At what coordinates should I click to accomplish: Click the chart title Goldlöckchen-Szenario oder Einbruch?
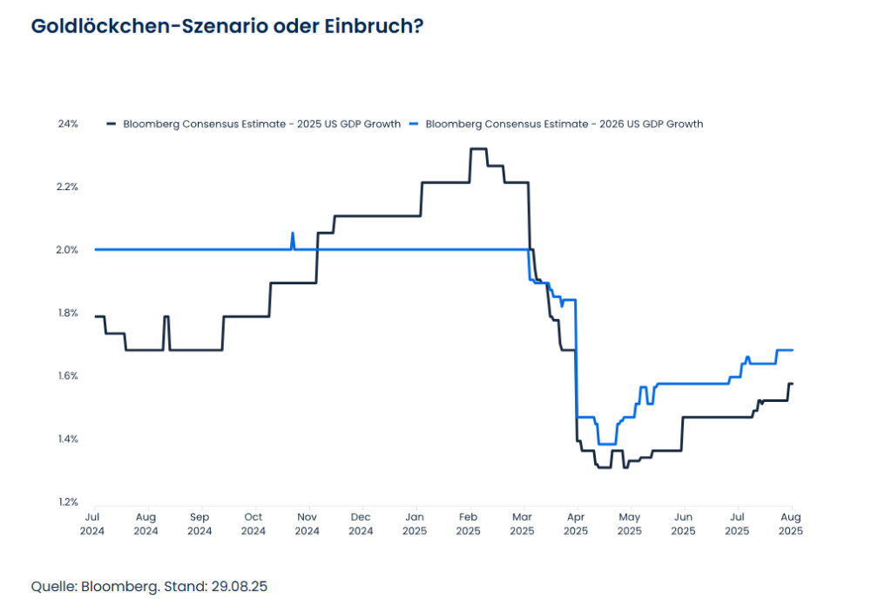[227, 26]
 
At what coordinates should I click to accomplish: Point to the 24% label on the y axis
[68, 124]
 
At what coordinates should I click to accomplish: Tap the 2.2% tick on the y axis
[68, 187]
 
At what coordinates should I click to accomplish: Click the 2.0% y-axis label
[68, 249]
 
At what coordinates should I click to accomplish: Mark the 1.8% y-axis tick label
[68, 313]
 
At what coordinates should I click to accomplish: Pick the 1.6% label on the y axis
[68, 376]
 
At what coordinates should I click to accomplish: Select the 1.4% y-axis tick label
[68, 439]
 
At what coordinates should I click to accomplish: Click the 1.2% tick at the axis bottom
[68, 501]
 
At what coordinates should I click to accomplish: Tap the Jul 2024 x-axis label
[95, 524]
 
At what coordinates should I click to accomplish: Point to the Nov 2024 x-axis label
[307, 524]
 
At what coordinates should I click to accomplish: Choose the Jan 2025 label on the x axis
[415, 524]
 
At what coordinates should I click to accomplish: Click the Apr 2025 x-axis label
[576, 524]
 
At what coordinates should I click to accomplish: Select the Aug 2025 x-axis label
[790, 524]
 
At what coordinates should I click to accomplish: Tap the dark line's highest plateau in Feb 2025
[478, 149]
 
